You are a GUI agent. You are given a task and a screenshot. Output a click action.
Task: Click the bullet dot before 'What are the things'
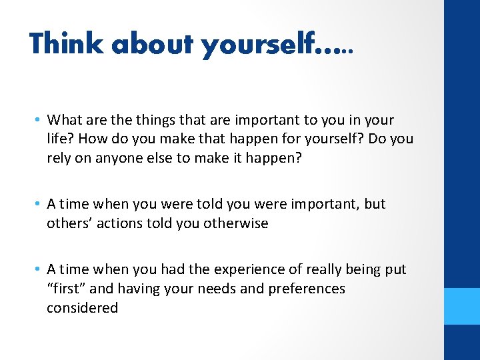(x=39, y=120)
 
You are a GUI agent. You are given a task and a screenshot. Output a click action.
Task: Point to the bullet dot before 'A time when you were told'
(x=39, y=204)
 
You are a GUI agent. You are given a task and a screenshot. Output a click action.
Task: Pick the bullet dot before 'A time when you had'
(x=39, y=269)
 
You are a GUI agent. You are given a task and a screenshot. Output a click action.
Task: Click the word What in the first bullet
(x=63, y=120)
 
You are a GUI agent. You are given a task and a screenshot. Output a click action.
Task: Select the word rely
(x=59, y=158)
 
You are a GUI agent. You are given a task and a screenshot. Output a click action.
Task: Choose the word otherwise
(x=238, y=223)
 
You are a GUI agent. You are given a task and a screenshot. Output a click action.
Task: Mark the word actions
(x=120, y=223)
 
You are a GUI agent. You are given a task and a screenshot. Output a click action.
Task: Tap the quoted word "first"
(x=65, y=289)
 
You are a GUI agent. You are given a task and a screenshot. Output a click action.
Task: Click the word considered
(x=82, y=308)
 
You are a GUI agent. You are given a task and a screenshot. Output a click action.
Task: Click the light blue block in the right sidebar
(x=462, y=305)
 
